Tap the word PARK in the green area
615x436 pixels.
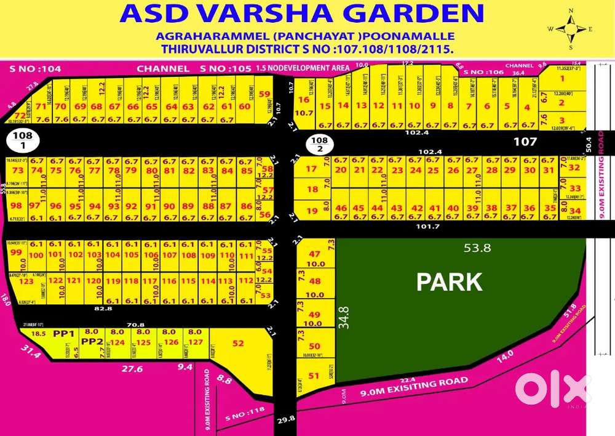click(449, 281)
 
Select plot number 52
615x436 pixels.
click(238, 343)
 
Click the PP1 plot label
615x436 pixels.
click(63, 333)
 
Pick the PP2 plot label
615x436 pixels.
click(92, 341)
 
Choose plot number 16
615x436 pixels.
click(303, 100)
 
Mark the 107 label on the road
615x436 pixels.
click(525, 142)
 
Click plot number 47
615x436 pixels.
click(314, 254)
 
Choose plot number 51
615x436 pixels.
click(314, 375)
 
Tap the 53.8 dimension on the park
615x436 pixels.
click(477, 248)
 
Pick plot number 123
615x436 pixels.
click(26, 281)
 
